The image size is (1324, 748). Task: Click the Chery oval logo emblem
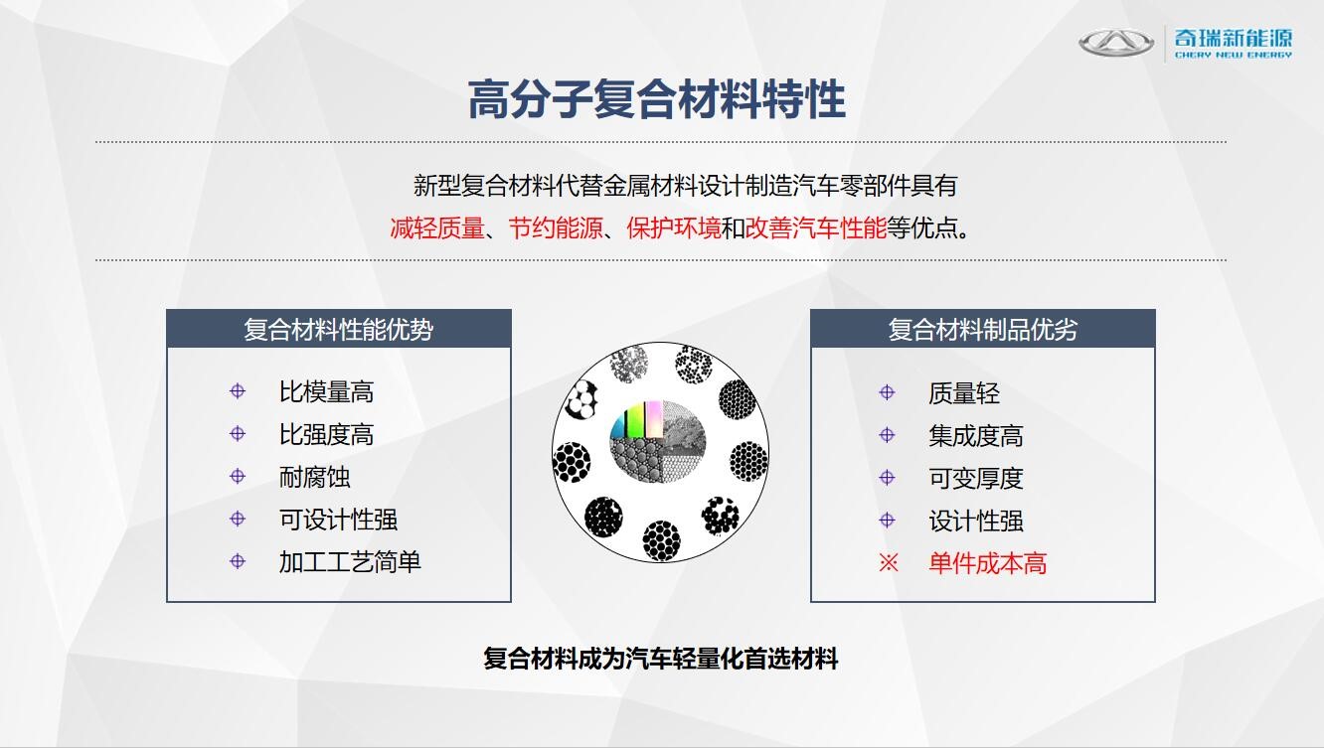click(1116, 43)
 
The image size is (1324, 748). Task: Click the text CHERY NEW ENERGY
click(1233, 55)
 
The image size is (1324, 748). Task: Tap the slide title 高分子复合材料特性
click(657, 100)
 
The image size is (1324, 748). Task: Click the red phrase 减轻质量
click(436, 228)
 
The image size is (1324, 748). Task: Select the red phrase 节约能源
click(555, 228)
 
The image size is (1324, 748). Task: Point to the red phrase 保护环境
click(674, 228)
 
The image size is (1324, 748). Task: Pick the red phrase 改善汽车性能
click(816, 228)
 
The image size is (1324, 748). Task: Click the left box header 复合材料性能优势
click(339, 329)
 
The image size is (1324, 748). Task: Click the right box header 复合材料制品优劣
click(983, 329)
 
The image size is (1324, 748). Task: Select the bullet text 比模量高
click(326, 391)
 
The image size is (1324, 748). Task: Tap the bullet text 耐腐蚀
click(314, 477)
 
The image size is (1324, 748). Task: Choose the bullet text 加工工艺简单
click(350, 562)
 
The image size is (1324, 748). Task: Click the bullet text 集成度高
click(976, 436)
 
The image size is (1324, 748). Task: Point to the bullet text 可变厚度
click(976, 479)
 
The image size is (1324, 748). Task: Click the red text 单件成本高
click(988, 563)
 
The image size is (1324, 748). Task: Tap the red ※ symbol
click(889, 563)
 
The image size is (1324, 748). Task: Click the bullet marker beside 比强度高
click(238, 434)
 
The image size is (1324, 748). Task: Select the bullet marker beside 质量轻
click(887, 392)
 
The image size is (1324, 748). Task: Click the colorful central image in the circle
click(658, 441)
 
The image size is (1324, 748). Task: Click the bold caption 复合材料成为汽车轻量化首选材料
click(661, 659)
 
